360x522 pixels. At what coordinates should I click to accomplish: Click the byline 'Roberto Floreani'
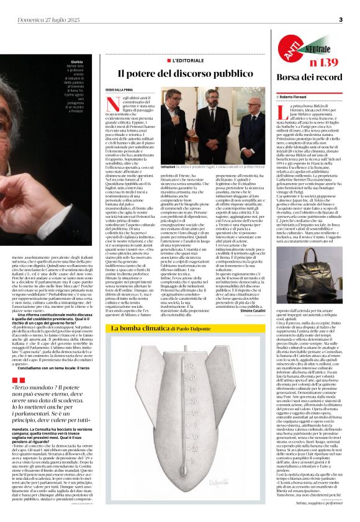pyautogui.click(x=298, y=97)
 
